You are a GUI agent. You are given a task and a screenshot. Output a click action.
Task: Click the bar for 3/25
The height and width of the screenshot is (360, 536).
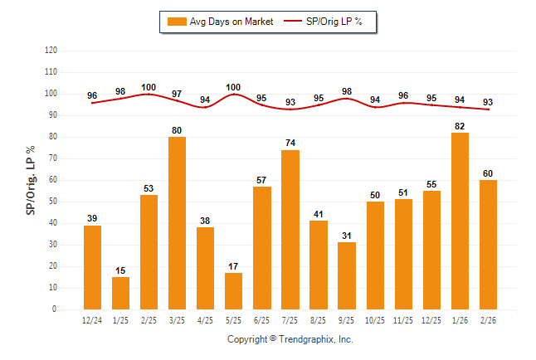tap(177, 223)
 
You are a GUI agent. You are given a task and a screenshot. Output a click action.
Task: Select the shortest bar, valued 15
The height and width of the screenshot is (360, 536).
tap(120, 293)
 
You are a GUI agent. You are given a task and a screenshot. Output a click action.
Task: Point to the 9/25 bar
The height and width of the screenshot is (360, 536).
tap(347, 275)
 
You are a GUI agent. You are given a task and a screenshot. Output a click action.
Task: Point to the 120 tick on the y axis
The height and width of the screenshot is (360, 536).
tap(51, 50)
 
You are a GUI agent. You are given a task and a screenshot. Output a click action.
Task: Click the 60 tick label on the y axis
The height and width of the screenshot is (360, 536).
tap(52, 180)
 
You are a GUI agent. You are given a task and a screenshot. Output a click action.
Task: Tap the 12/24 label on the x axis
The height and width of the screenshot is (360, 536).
tap(92, 320)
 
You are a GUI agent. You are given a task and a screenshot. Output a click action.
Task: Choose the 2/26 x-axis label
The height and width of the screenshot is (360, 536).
tap(488, 320)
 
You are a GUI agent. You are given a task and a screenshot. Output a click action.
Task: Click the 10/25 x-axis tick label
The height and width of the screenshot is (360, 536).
tap(375, 320)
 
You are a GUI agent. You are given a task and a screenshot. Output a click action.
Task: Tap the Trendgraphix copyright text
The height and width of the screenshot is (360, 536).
tap(290, 339)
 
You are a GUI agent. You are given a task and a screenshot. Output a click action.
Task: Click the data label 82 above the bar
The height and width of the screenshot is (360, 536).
tap(460, 125)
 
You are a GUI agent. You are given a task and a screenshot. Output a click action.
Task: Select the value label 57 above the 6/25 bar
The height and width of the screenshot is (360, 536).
tap(262, 179)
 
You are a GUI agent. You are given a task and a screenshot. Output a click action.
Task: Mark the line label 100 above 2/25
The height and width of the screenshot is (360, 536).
tap(149, 87)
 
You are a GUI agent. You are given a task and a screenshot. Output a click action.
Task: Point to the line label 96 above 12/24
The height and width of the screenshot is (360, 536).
tap(92, 95)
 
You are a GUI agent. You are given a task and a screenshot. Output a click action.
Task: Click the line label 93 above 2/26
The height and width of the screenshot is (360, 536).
tap(488, 102)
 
